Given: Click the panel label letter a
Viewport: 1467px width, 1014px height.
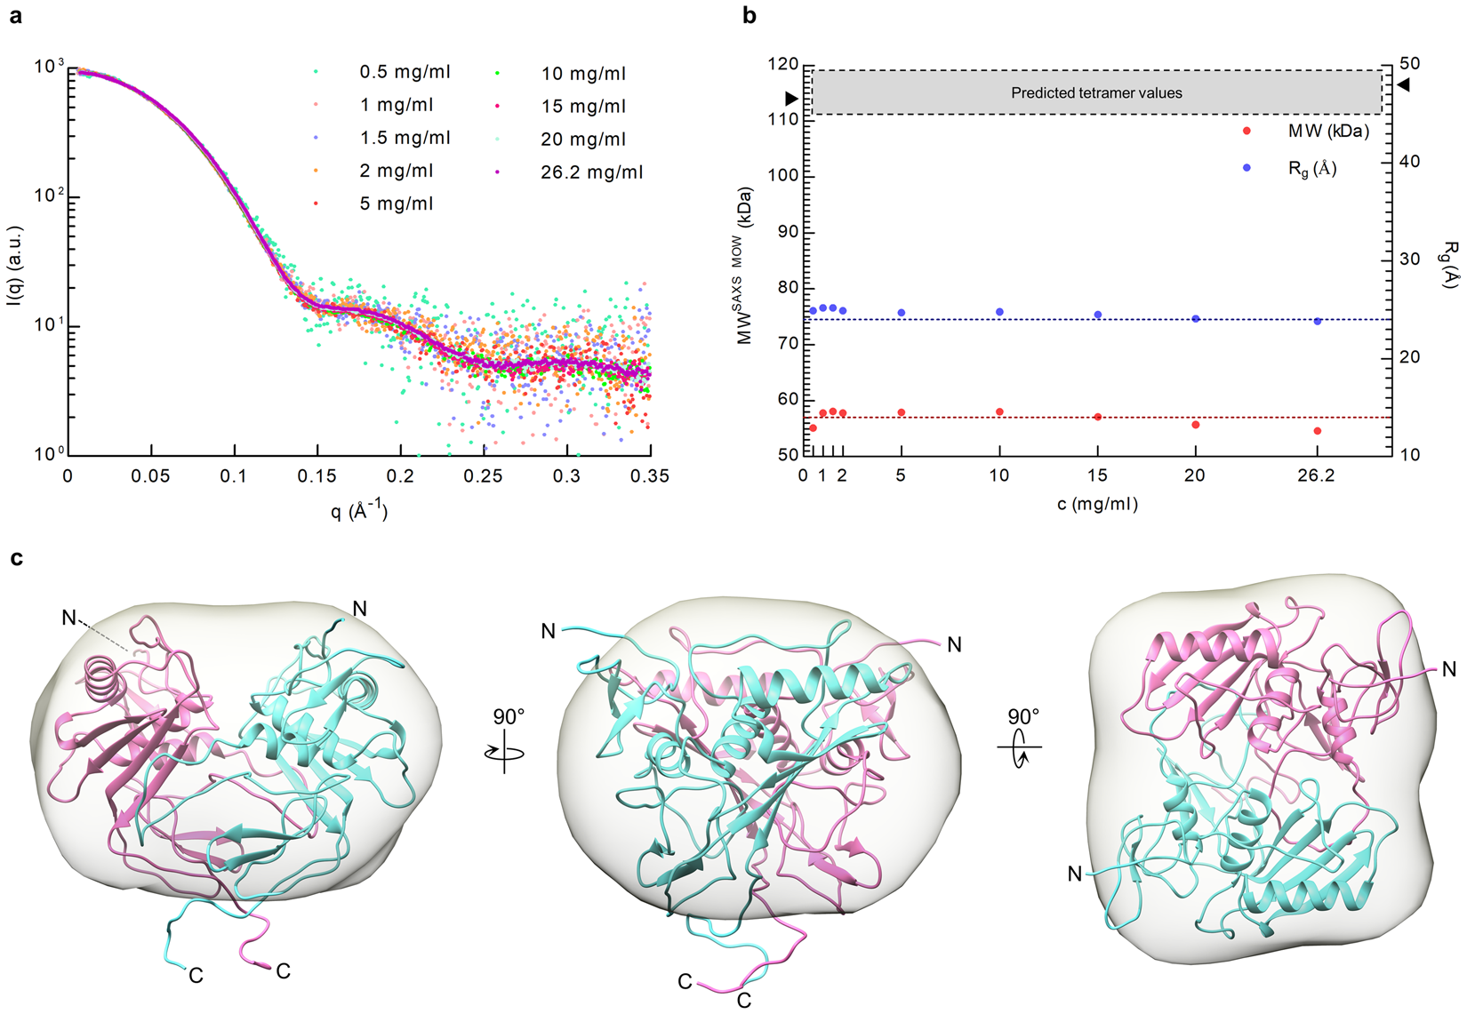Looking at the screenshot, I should pyautogui.click(x=15, y=15).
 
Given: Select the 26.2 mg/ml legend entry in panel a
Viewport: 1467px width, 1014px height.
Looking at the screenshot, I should pyautogui.click(x=591, y=172).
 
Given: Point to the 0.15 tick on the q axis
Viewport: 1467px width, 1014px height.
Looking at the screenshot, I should pyautogui.click(x=317, y=476).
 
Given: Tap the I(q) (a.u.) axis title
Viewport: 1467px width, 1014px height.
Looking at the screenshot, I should pyautogui.click(x=15, y=265).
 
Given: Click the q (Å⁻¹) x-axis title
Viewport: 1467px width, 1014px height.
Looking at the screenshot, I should pyautogui.click(x=359, y=510).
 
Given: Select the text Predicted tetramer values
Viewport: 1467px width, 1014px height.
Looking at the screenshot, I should pyautogui.click(x=1096, y=92).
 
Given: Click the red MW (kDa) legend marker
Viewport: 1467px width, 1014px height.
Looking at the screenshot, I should pyautogui.click(x=1247, y=132).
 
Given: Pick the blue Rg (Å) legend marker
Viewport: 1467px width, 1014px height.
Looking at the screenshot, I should pyautogui.click(x=1247, y=168).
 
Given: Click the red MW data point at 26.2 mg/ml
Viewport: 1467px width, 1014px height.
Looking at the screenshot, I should pyautogui.click(x=1317, y=431).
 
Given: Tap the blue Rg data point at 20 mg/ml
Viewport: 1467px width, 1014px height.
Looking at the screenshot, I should pyautogui.click(x=1195, y=318).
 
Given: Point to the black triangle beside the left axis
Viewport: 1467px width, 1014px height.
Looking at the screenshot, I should pyautogui.click(x=791, y=99).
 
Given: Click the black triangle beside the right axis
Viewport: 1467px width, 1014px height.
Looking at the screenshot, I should pyautogui.click(x=1403, y=85).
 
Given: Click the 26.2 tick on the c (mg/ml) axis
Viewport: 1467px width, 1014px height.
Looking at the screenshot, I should pyautogui.click(x=1316, y=476).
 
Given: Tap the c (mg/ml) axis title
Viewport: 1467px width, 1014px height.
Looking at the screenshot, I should pyautogui.click(x=1097, y=505).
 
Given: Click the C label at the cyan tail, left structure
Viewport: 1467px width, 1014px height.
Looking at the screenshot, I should pyautogui.click(x=196, y=976).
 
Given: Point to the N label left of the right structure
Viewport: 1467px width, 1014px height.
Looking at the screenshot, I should pyautogui.click(x=1075, y=874).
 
